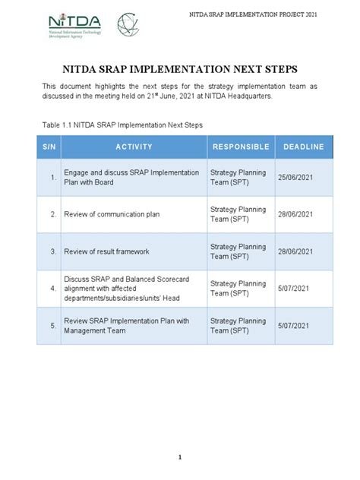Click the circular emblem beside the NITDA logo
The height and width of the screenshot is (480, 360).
(x=128, y=25)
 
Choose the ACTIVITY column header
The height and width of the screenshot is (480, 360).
(x=134, y=147)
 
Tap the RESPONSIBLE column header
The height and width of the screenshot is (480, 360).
(x=241, y=147)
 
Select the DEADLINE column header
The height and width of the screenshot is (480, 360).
(x=303, y=147)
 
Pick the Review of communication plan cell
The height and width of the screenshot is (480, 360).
(x=111, y=214)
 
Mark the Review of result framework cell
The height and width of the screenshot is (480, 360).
(x=106, y=251)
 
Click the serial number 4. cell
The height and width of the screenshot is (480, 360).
(x=53, y=289)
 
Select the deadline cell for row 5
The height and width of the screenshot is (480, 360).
(x=295, y=326)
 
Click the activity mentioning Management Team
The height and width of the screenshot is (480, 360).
(x=125, y=326)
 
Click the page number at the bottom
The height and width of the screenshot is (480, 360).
(x=180, y=457)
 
